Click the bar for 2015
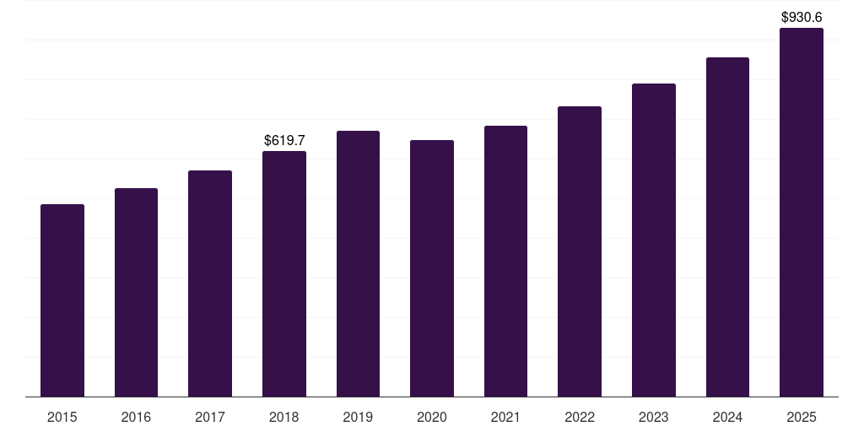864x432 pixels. pos(62,300)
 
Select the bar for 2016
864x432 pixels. pos(136,292)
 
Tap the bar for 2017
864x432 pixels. pos(210,283)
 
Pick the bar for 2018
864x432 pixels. pos(284,273)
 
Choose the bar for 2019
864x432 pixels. pos(358,263)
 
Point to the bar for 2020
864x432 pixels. pos(432,268)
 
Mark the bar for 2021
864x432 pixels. pos(505,261)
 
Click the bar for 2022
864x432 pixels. pos(580,251)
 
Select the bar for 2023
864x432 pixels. pos(654,240)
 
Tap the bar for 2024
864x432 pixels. pos(727,227)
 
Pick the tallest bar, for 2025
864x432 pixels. pos(802,212)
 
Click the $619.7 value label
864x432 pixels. pos(284,140)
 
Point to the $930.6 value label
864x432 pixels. pos(802,17)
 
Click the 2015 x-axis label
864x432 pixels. pos(62,417)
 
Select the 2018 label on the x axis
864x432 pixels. pos(284,417)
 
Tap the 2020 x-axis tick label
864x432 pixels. pos(432,417)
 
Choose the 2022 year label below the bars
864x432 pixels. pos(580,417)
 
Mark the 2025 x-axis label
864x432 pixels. pos(802,417)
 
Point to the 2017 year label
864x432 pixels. pos(210,417)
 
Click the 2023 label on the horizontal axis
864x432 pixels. pos(654,417)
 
